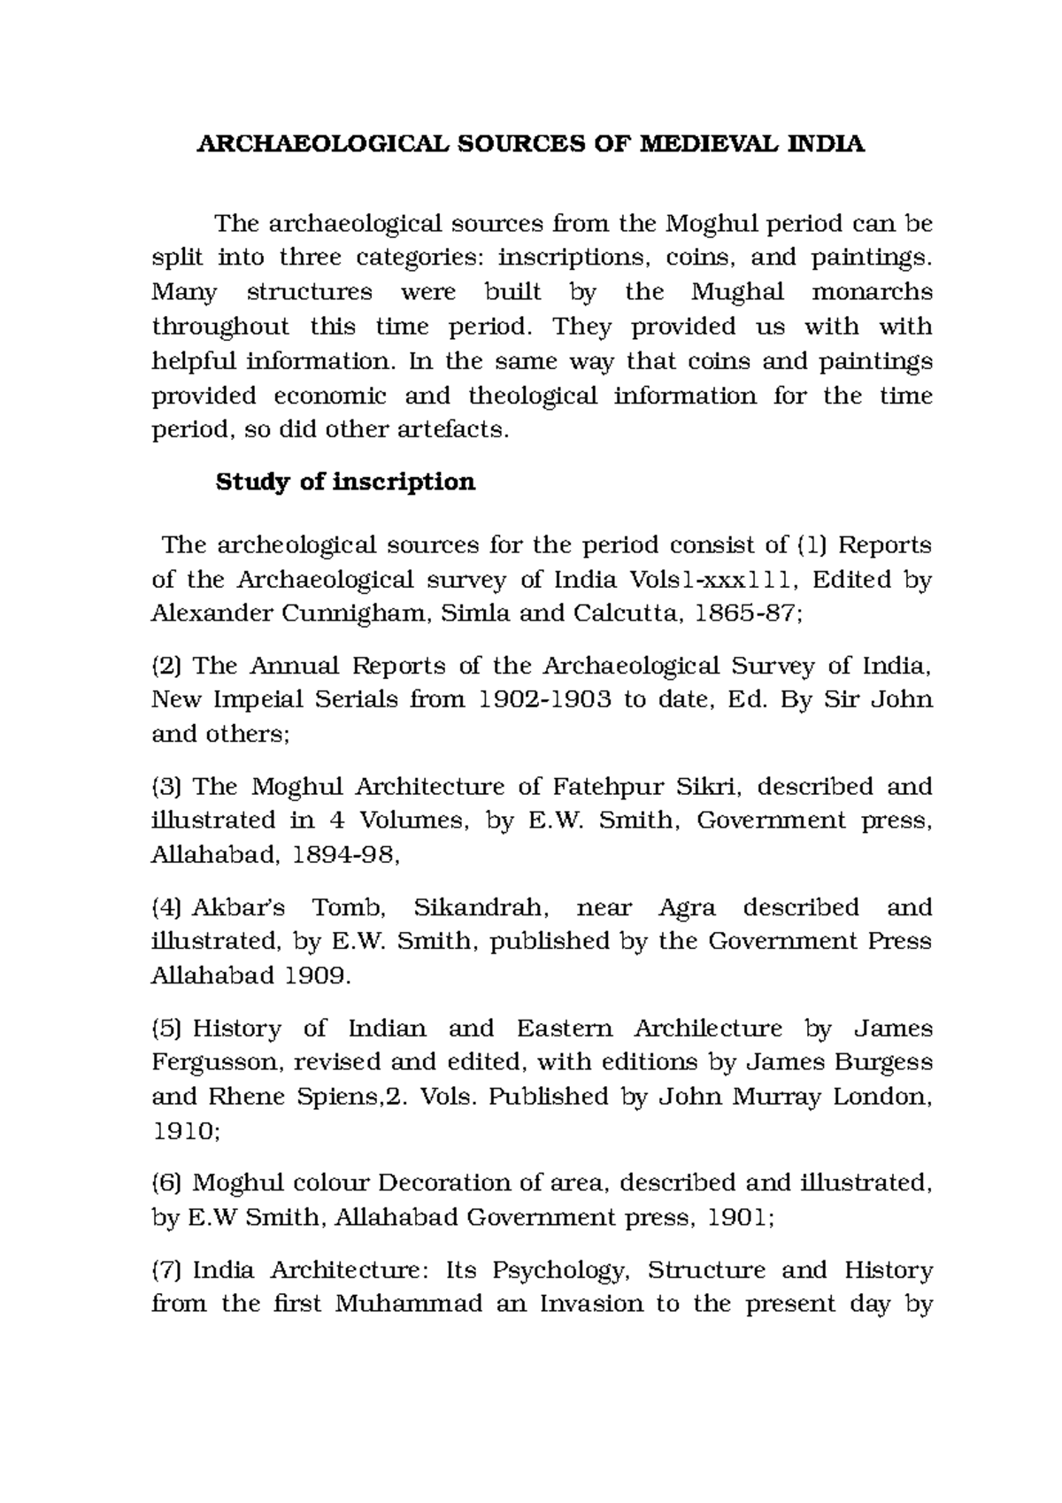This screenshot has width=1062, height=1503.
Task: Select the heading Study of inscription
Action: [x=345, y=482]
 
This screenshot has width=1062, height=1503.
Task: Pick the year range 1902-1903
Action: [x=545, y=699]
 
